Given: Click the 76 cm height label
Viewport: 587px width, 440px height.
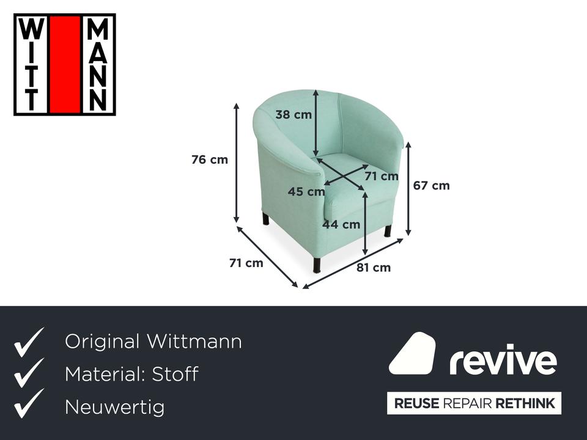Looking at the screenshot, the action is point(210,159).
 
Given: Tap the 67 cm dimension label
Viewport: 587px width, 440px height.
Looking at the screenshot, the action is point(431,186).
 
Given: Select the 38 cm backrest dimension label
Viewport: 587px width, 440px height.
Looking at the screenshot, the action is point(293,114).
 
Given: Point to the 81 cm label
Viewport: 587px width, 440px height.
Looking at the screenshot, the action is point(373,268).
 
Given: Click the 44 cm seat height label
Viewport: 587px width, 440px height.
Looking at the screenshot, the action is point(341,224).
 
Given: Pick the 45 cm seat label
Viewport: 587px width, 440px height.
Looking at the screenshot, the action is point(306,191).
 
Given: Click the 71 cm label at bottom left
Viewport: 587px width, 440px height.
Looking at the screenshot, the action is point(246,263).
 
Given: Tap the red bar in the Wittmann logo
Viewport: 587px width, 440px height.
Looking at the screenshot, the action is point(65,65).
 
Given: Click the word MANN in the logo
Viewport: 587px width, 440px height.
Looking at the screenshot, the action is point(97,65).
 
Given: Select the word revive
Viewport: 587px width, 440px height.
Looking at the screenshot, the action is point(503,360).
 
